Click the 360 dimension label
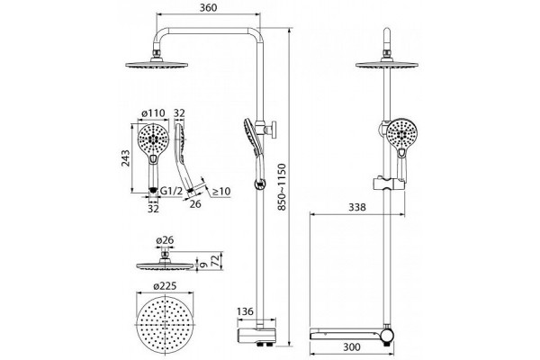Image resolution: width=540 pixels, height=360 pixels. click(x=209, y=7)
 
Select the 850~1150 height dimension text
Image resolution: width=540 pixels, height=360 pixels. click(x=282, y=187)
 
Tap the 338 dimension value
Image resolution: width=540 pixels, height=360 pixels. click(x=357, y=207)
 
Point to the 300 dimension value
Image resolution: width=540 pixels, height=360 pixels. click(x=352, y=346)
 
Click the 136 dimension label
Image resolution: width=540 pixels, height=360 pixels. click(x=245, y=311)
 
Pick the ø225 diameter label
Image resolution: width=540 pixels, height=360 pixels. click(x=165, y=286)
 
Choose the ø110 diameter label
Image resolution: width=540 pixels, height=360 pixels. click(x=153, y=113)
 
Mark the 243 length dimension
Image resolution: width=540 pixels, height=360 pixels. click(x=126, y=158)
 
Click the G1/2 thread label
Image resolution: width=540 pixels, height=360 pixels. click(x=171, y=191)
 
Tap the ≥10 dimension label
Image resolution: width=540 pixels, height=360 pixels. click(x=221, y=192)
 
